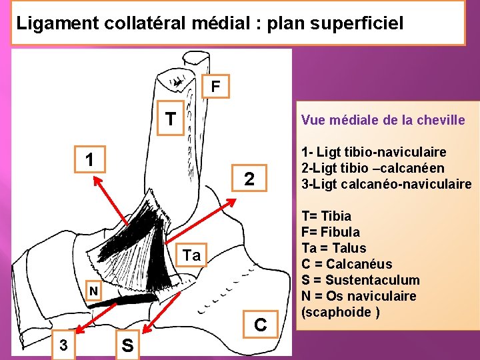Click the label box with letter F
pyautogui.click(x=215, y=86)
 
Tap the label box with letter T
pyautogui.click(x=171, y=119)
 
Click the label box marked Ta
pyautogui.click(x=191, y=255)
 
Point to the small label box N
pyautogui.click(x=95, y=291)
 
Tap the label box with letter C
pyautogui.click(x=260, y=325)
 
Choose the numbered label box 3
pyautogui.click(x=63, y=345)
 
